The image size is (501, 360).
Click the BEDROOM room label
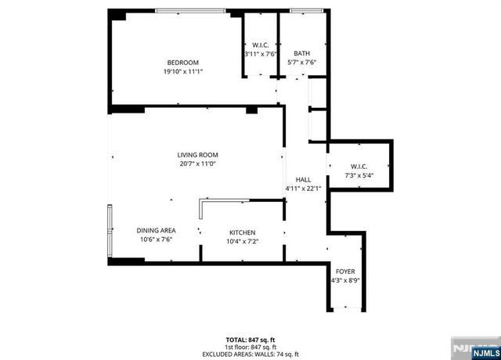click(x=182, y=63)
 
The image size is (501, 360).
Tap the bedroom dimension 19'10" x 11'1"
click(x=182, y=71)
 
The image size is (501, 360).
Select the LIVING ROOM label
click(x=197, y=155)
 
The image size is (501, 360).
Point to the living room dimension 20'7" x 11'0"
click(x=197, y=164)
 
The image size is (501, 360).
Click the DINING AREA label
click(x=156, y=231)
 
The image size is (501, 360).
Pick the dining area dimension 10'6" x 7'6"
click(x=156, y=239)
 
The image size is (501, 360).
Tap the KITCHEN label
click(x=242, y=233)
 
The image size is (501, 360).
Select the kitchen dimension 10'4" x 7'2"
click(x=242, y=242)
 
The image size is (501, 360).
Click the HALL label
click(x=302, y=179)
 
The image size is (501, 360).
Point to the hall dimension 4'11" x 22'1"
click(x=302, y=188)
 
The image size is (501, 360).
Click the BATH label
click(x=301, y=53)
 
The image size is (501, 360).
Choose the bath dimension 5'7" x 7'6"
click(x=301, y=62)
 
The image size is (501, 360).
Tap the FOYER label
click(x=345, y=272)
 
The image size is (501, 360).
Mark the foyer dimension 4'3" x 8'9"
click(x=345, y=280)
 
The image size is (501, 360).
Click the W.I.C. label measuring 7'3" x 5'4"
click(x=359, y=167)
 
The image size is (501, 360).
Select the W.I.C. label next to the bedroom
click(x=260, y=45)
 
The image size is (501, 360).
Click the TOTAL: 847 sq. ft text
click(x=250, y=340)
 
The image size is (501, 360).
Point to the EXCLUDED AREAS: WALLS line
click(x=250, y=354)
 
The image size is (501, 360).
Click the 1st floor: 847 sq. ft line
click(x=250, y=347)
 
